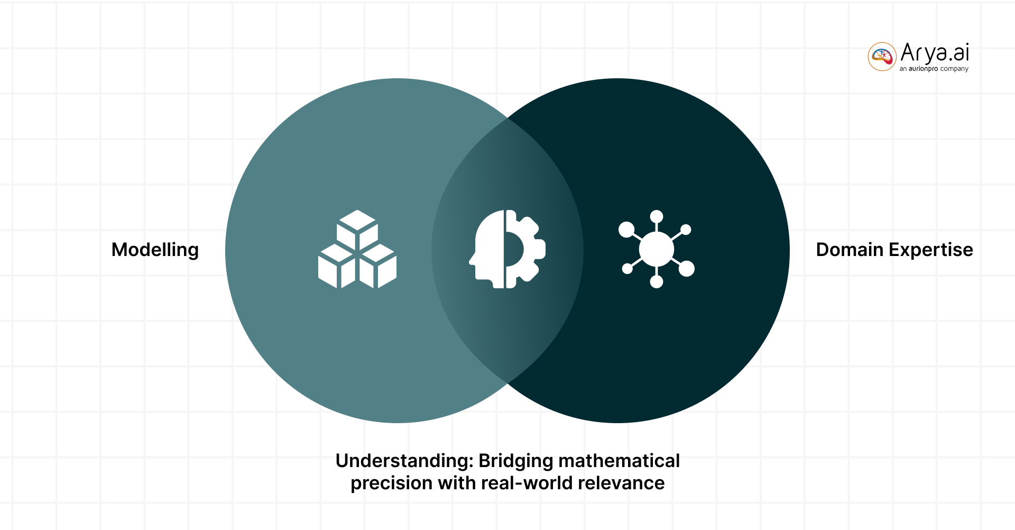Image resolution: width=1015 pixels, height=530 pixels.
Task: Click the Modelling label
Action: pos(155,250)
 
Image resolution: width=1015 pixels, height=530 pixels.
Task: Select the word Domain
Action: pos(850,250)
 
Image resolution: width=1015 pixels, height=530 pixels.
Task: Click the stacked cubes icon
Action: pos(357,249)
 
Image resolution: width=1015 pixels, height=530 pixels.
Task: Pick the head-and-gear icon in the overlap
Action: pos(507,249)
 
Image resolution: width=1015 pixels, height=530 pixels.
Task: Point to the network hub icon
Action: pos(657,249)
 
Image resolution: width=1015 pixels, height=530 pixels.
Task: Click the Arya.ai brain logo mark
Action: pos(882,56)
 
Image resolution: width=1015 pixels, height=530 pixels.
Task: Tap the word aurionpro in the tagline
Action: pos(923,69)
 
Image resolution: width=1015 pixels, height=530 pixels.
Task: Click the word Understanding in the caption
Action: pos(403,461)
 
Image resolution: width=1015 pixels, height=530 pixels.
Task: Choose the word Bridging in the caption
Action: pos(515,461)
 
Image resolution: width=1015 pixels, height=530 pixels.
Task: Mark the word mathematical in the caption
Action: pos(619,461)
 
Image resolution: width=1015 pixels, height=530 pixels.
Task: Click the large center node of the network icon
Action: pos(656,249)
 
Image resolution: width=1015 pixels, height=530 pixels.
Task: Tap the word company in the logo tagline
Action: pos(954,69)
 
